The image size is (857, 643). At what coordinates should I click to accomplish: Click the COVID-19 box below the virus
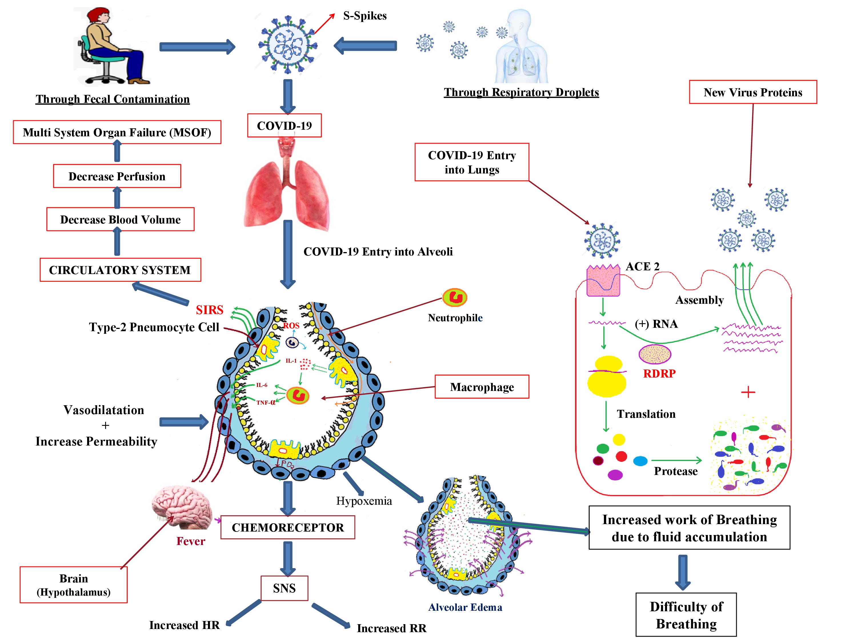(284, 125)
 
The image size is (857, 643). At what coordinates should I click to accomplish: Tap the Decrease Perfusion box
(117, 176)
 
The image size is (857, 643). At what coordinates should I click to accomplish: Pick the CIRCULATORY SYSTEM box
(120, 270)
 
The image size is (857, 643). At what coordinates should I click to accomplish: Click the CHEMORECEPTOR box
(287, 528)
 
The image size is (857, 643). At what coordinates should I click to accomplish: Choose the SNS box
(284, 588)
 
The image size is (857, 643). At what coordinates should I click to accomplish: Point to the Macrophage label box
(482, 387)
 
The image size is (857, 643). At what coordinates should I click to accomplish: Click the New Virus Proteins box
(753, 92)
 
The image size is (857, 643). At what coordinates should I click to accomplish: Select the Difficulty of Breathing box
(686, 615)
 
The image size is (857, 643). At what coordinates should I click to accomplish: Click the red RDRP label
(659, 374)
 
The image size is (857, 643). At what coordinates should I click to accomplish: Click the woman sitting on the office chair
(111, 47)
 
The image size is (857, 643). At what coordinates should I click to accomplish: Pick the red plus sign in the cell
(748, 392)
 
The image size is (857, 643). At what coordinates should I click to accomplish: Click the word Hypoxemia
(364, 501)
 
